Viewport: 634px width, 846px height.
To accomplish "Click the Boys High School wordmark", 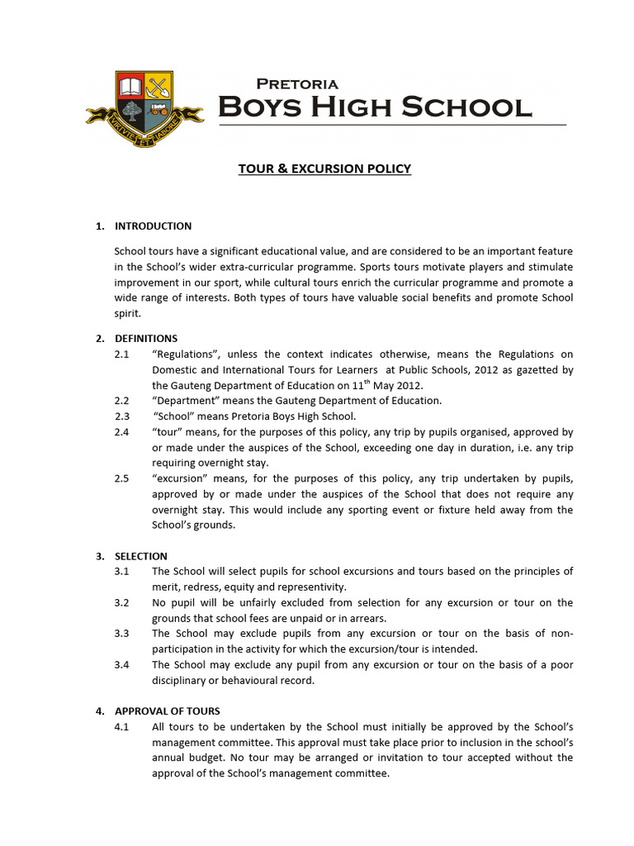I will point(374,107).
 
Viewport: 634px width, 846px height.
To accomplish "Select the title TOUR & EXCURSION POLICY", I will point(324,169).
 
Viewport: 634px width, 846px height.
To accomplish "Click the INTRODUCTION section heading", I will point(153,226).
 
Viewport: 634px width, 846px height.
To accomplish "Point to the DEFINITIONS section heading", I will point(146,339).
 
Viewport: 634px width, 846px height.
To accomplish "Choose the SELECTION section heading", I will point(141,557).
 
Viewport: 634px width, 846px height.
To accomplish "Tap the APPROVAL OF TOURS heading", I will point(168,711).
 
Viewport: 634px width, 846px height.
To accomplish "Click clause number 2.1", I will point(122,354).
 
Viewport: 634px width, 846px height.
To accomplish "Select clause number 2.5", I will point(122,479).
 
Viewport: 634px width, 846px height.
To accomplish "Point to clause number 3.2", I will point(122,603).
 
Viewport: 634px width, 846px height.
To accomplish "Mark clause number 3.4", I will point(122,665).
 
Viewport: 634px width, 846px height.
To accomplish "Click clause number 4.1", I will point(122,727).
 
